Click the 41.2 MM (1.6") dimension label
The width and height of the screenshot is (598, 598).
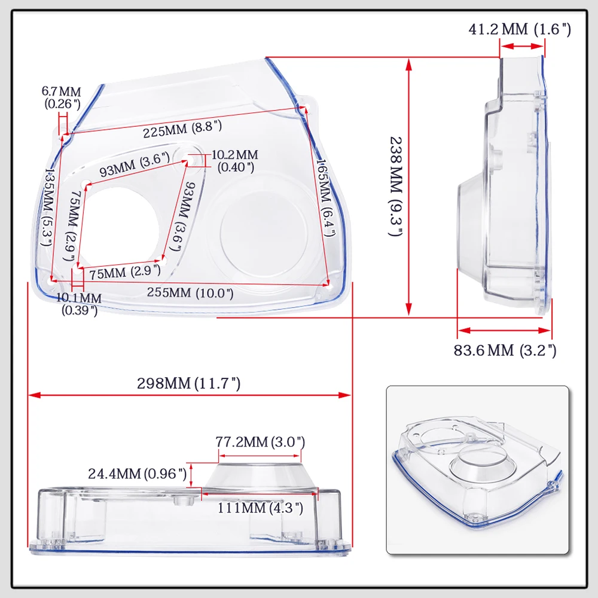pyautogui.click(x=520, y=29)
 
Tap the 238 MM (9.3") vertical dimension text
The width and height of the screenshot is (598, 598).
pyautogui.click(x=396, y=187)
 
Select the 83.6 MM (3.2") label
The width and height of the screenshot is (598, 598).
pyautogui.click(x=505, y=350)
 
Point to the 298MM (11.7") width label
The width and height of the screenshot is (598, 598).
pyautogui.click(x=189, y=383)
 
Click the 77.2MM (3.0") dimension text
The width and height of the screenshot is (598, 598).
pyautogui.click(x=260, y=442)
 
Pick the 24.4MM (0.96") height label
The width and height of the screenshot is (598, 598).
pyautogui.click(x=138, y=474)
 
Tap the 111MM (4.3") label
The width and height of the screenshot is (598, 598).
pyautogui.click(x=260, y=508)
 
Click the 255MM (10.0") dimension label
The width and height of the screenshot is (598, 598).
pyautogui.click(x=190, y=292)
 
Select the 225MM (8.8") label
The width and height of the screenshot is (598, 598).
pyautogui.click(x=182, y=129)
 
